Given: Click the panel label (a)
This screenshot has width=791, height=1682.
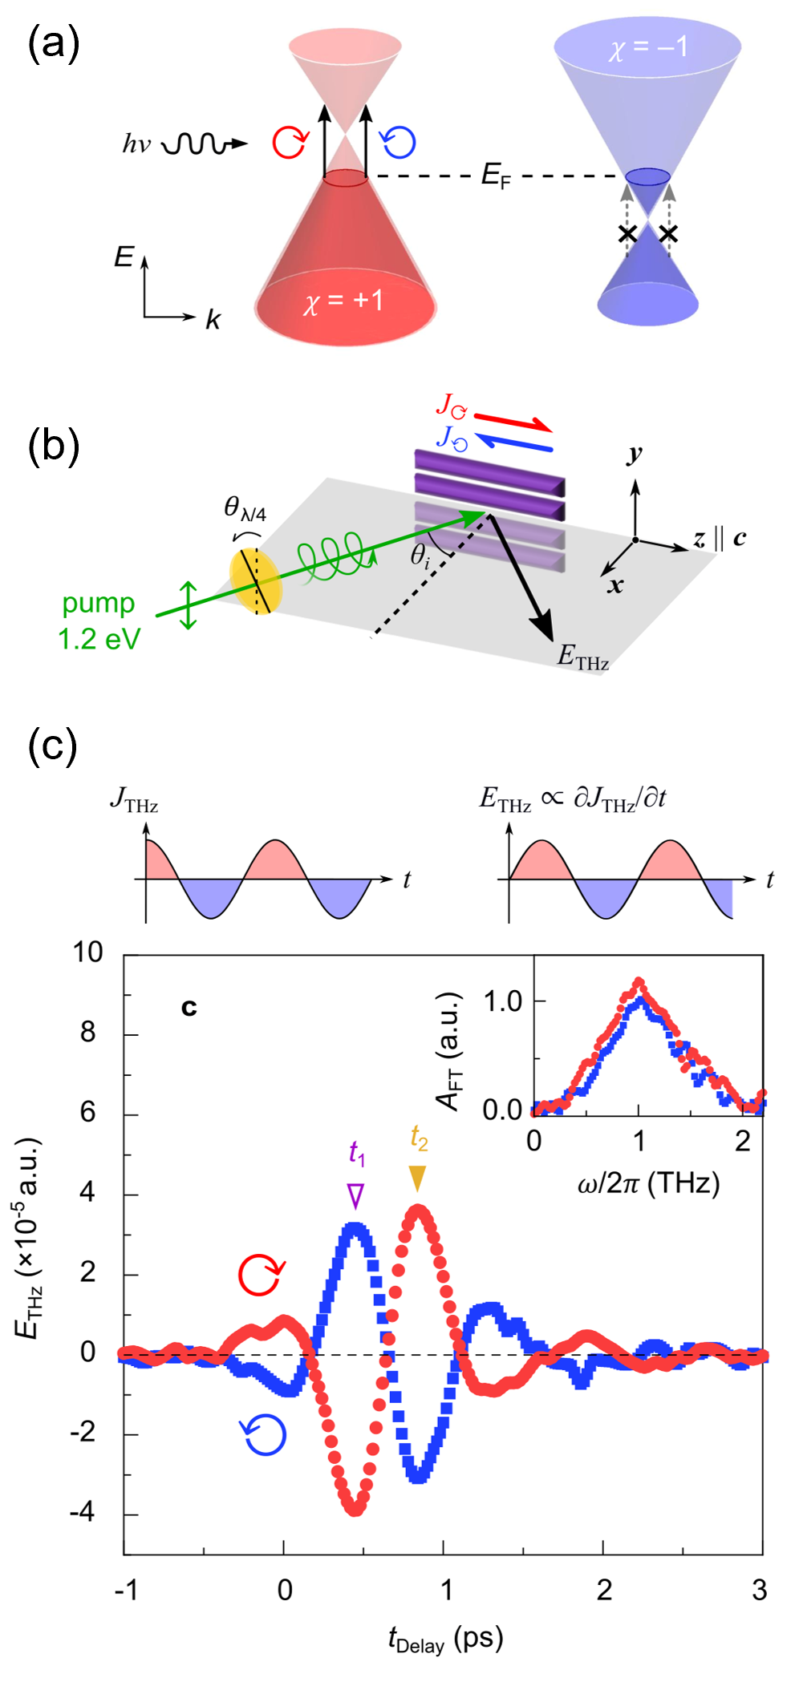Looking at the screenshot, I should click(53, 43).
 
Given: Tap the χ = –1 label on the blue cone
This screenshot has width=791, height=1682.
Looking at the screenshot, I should click(648, 47).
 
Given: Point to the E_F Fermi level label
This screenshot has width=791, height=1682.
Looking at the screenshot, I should click(495, 176).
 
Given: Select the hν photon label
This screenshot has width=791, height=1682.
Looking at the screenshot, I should click(136, 144).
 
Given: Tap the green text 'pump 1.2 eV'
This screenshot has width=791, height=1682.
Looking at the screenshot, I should click(99, 621).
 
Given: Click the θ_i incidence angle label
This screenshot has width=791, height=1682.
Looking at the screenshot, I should click(420, 556).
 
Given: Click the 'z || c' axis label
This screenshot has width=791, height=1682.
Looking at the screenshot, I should click(720, 538).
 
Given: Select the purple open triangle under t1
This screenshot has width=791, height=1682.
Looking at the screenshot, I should click(355, 1195).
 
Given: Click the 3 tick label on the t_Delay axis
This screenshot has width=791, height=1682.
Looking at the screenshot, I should click(760, 1589).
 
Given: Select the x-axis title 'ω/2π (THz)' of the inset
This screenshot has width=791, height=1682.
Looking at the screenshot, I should click(648, 1183).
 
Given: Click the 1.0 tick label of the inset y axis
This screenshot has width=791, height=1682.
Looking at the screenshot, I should click(502, 1001).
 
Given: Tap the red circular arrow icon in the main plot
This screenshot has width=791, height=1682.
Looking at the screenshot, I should click(262, 1275).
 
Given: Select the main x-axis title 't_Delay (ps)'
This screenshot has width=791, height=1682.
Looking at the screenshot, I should click(445, 1639).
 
